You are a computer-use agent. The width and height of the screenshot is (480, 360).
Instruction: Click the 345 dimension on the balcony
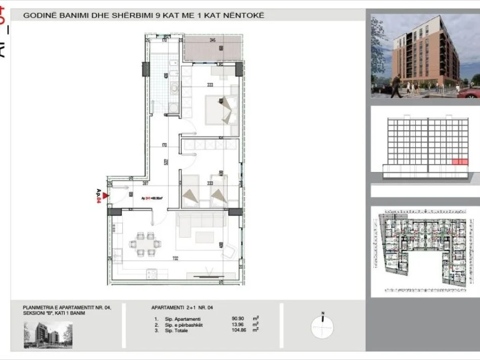pos(213,40)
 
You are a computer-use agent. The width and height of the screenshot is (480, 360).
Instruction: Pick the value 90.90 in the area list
pos(238,319)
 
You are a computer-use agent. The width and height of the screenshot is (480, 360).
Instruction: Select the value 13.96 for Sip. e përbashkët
pos(238,324)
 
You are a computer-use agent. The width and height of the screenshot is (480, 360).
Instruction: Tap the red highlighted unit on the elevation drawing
pos(459,162)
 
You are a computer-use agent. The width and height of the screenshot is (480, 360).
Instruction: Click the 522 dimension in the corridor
pos(166,163)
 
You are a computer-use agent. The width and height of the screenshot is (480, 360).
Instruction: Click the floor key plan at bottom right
pos(425,251)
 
